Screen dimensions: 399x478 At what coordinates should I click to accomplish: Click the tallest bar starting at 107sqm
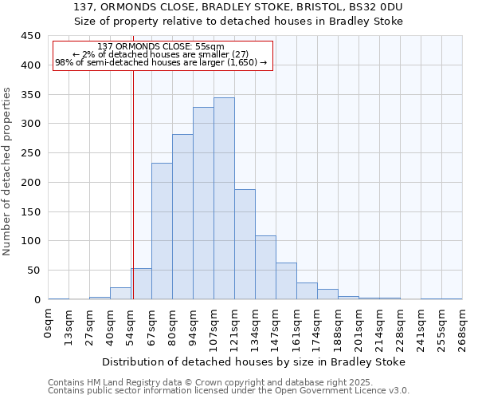click(x=224, y=199)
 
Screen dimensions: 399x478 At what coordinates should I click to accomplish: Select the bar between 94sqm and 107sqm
click(x=203, y=203)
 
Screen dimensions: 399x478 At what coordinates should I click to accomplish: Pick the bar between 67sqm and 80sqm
click(x=162, y=231)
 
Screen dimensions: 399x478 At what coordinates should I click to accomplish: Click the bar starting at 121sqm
click(x=245, y=244)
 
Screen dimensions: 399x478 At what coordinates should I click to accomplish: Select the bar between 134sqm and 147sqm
click(x=265, y=267)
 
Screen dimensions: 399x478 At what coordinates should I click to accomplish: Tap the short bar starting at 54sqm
click(x=141, y=284)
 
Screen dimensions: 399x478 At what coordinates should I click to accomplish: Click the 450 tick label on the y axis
click(x=30, y=36)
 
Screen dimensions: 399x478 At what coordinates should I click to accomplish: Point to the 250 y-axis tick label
click(x=30, y=153)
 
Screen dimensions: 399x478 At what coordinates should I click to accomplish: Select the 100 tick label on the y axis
click(x=30, y=241)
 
